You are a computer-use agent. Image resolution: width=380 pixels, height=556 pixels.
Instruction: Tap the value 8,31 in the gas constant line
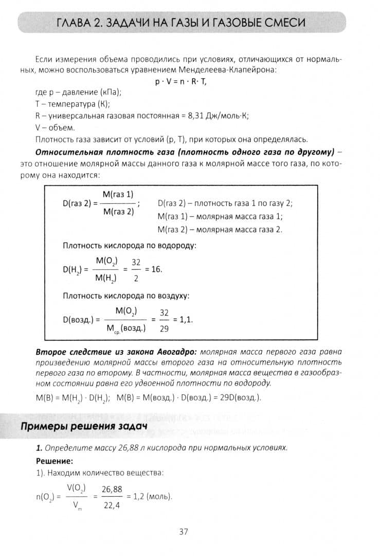pos(195,116)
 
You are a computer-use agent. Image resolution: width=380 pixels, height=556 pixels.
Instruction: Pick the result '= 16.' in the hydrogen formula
pos(154,270)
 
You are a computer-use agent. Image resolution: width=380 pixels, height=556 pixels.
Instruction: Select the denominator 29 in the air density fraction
pos(164,328)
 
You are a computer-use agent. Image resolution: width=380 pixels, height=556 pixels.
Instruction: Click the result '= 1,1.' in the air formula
pos(183,319)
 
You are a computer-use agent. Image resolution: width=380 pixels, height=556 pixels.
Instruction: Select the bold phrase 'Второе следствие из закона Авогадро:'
pos(116,353)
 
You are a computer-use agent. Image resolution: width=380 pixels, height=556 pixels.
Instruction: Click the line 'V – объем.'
pos(56,128)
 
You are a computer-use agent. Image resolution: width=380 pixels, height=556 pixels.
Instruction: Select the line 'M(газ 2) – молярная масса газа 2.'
pos(220,229)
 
